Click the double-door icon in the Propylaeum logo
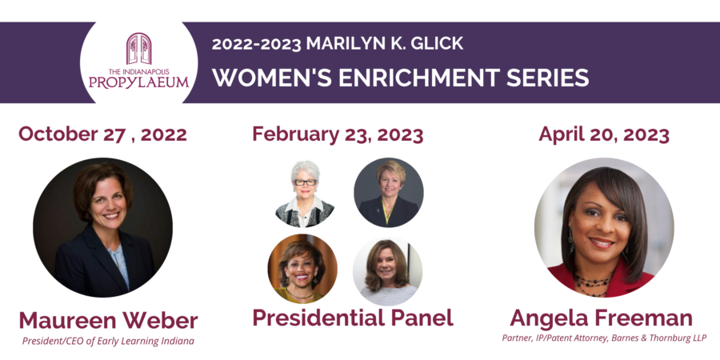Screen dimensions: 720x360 [x=138, y=49]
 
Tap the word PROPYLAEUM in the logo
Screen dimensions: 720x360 [x=138, y=82]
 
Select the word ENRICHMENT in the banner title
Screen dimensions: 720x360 [x=418, y=78]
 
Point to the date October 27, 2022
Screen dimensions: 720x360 [x=102, y=134]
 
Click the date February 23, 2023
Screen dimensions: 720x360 [x=338, y=134]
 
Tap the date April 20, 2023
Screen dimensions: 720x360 [x=604, y=134]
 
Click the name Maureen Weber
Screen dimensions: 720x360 [x=108, y=321]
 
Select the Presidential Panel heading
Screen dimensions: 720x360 [x=353, y=318]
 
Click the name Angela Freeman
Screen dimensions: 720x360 [x=601, y=318]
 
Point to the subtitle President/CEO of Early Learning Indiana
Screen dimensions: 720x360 [x=108, y=341]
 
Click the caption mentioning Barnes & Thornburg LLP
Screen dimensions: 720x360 [x=604, y=338]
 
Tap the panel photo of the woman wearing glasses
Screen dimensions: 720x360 [x=305, y=193]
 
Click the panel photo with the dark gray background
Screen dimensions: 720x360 [x=389, y=193]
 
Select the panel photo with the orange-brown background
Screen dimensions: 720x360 [x=302, y=269]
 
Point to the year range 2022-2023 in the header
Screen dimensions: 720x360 [x=256, y=44]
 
